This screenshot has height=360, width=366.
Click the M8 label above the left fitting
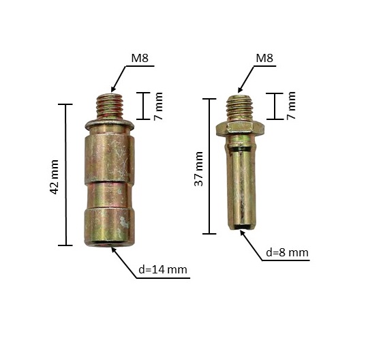click(140, 58)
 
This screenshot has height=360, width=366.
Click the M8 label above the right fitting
click(264, 58)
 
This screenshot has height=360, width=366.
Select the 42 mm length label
click(54, 177)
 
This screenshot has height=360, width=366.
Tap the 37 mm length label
click(198, 169)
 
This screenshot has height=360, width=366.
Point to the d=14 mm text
click(163, 269)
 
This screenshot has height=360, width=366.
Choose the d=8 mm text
click(287, 252)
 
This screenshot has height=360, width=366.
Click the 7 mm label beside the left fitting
click(158, 106)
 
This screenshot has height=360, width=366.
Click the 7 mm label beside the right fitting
click(291, 106)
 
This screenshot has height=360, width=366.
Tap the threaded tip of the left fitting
click(110, 106)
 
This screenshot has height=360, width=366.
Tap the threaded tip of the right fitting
click(240, 108)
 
